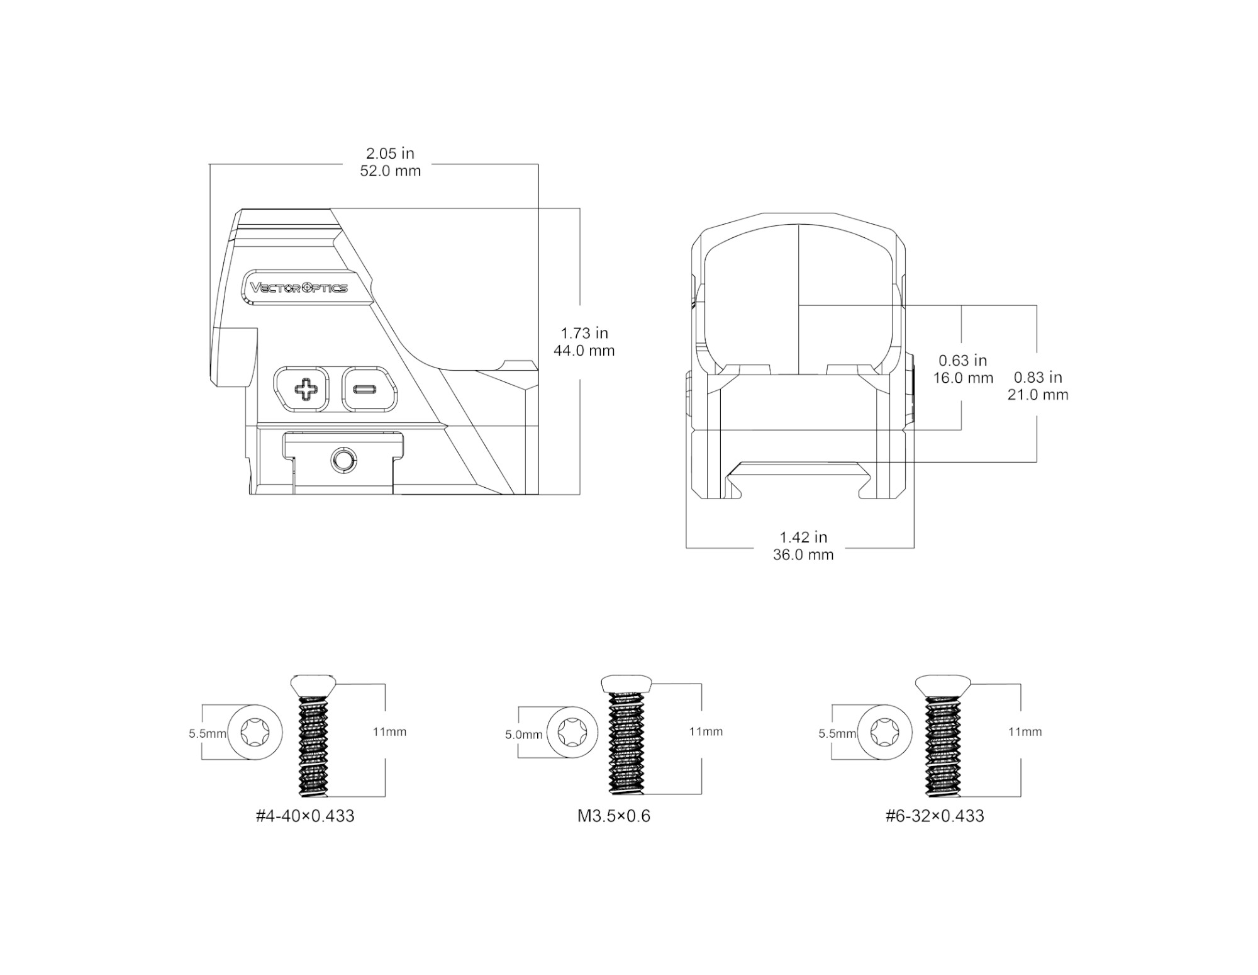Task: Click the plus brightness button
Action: tap(301, 389)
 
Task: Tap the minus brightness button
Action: tap(370, 389)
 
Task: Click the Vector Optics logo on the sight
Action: tap(299, 288)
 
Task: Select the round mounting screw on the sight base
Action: tap(343, 461)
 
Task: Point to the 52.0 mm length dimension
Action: tap(390, 171)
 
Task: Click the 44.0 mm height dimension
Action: tap(584, 351)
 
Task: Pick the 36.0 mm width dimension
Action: tap(803, 555)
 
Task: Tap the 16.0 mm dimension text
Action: tap(963, 378)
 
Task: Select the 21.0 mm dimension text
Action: tap(1038, 395)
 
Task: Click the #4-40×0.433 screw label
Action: tap(305, 816)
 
